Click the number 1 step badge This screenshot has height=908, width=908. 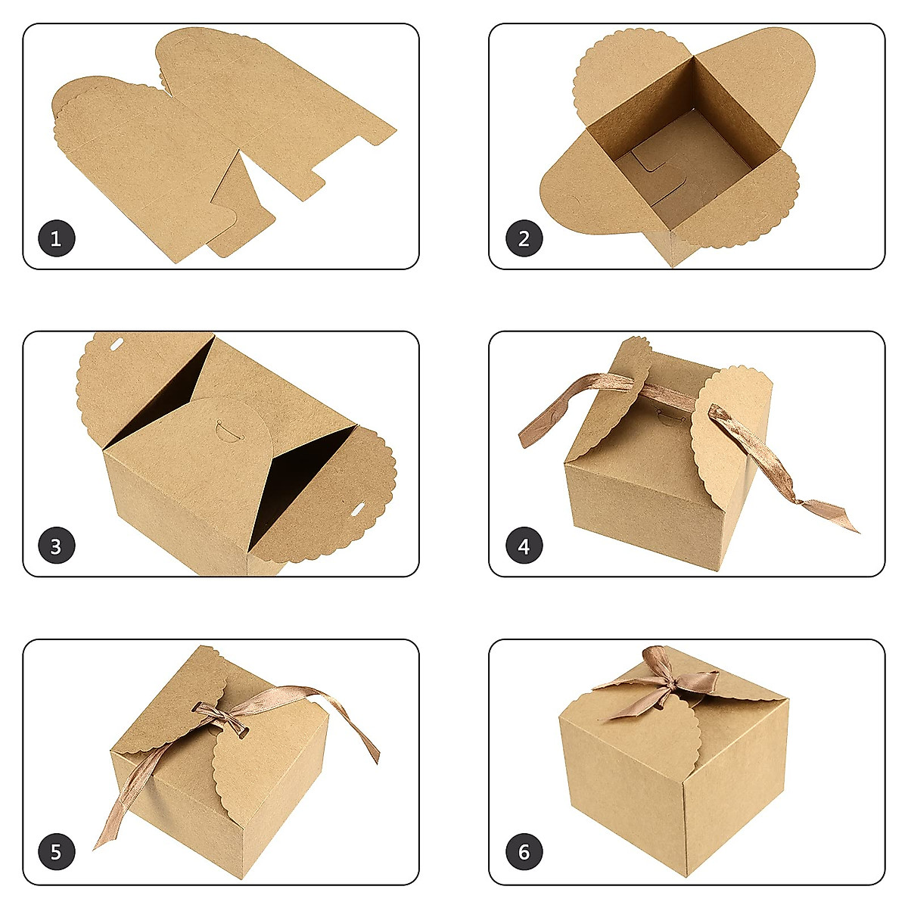56,239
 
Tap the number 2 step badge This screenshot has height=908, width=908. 524,239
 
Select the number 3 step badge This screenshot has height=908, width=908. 56,546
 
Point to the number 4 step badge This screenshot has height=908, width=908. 524,546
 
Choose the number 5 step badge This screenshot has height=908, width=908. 56,853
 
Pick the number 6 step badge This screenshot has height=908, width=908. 524,853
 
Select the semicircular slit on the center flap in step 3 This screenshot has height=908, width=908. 225,429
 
